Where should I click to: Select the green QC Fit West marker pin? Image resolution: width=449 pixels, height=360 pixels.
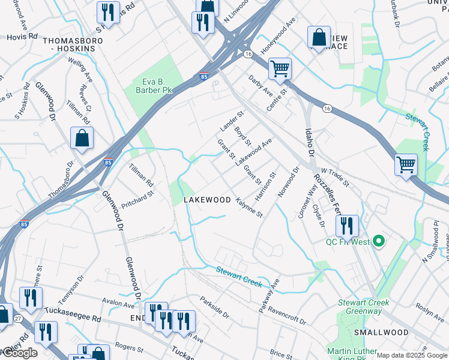click(378, 242)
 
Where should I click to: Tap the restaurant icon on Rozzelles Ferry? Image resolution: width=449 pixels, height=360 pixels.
click(347, 226)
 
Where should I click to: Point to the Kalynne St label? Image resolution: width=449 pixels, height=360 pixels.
click(249, 207)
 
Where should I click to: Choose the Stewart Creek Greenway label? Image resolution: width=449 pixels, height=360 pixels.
click(360, 307)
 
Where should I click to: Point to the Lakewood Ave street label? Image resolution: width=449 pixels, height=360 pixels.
click(253, 152)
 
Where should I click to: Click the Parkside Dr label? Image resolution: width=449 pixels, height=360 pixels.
click(214, 307)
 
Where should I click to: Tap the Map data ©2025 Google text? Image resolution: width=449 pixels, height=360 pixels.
click(412, 355)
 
